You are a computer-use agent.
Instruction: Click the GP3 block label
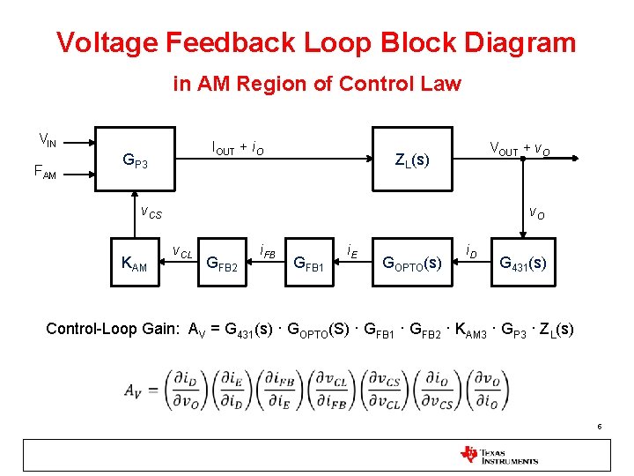pyautogui.click(x=135, y=161)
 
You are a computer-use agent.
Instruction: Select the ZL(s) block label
pyautogui.click(x=412, y=160)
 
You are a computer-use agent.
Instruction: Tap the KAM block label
pyautogui.click(x=134, y=264)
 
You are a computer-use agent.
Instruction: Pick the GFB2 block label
pyautogui.click(x=221, y=264)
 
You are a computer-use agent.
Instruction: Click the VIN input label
pyautogui.click(x=48, y=139)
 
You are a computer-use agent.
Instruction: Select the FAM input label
pyautogui.click(x=45, y=174)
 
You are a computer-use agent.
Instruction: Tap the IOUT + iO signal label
pyautogui.click(x=238, y=149)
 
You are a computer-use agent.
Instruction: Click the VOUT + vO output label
pyautogui.click(x=520, y=148)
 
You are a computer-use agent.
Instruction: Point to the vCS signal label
pyautogui.click(x=151, y=212)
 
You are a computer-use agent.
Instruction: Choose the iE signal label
pyautogui.click(x=350, y=251)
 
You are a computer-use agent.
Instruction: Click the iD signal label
pyautogui.click(x=472, y=251)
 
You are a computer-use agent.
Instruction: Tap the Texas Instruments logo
pyautogui.click(x=499, y=455)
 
